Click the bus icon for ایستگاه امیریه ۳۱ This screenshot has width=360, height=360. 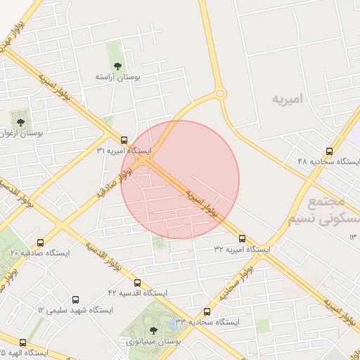coord(124,139)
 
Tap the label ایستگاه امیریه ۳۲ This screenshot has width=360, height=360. coord(242,250)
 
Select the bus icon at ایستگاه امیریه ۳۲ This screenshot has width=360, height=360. coord(243,238)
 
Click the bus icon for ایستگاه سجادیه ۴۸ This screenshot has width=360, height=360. coord(330,151)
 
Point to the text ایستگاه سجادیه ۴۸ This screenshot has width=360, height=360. coord(328,162)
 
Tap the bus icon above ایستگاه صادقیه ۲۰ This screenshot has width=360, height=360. coord(39,240)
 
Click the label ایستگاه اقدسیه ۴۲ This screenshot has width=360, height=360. coord(137,292)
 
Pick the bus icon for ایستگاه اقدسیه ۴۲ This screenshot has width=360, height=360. coord(137,281)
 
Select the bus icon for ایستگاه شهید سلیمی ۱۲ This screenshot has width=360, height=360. coord(75,299)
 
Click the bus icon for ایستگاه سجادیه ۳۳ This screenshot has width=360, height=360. coord(207,311)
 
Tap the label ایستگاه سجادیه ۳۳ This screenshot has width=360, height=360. coord(207,321)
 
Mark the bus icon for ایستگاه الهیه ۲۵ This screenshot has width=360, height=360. coord(22,342)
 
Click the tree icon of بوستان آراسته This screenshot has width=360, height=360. coord(116,67)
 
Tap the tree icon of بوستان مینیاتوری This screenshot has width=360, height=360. coord(153,330)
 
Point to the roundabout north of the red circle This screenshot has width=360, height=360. coord(221,93)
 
